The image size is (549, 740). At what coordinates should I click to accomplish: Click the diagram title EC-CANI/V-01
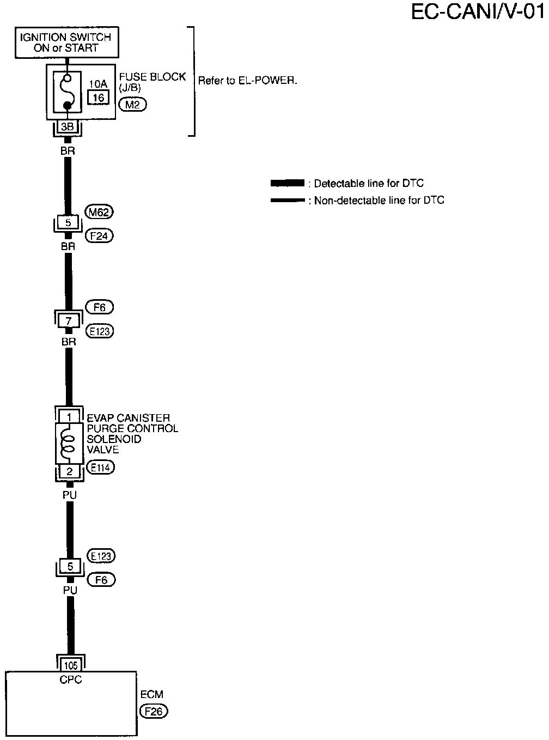(x=477, y=12)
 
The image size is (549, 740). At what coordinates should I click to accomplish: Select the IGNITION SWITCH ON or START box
(x=66, y=43)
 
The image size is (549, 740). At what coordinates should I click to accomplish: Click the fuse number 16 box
(x=99, y=98)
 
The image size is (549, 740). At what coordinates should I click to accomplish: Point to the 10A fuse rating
(x=99, y=84)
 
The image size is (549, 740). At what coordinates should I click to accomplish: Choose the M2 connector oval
(x=132, y=105)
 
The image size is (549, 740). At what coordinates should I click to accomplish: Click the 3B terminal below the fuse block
(x=67, y=127)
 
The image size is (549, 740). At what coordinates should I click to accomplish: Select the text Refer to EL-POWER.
(x=247, y=81)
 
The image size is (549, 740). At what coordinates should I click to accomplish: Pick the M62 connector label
(x=100, y=212)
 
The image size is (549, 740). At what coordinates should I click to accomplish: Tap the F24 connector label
(x=100, y=236)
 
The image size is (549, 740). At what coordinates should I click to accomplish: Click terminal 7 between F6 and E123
(x=69, y=321)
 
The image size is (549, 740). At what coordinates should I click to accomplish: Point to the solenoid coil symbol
(x=68, y=441)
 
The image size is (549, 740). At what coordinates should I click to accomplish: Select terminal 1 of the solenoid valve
(x=69, y=417)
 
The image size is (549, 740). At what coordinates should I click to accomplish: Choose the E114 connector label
(x=100, y=467)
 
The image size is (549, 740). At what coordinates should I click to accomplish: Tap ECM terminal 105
(x=70, y=665)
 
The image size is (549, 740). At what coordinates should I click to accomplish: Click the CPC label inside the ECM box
(x=71, y=680)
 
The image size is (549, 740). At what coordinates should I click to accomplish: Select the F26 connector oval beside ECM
(x=154, y=711)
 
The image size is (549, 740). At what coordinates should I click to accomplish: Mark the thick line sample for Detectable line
(x=287, y=183)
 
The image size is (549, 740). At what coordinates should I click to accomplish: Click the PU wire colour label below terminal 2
(x=69, y=495)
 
